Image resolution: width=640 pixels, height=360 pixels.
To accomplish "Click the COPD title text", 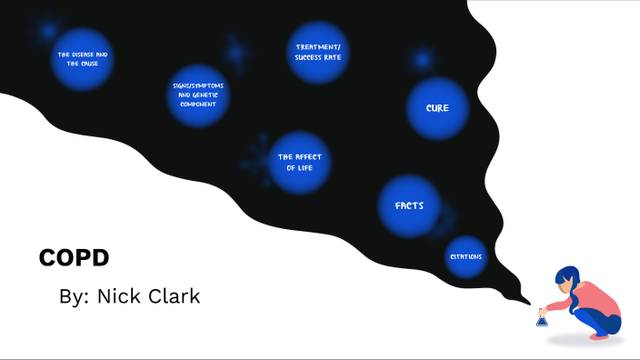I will point(74,258).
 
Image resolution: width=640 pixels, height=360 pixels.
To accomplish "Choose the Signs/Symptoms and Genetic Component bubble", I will point(197,95).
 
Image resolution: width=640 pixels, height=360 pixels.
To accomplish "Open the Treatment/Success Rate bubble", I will point(317,52).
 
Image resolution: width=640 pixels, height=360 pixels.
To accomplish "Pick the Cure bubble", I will point(437,108).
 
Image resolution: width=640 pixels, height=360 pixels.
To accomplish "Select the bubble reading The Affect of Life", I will point(299,163).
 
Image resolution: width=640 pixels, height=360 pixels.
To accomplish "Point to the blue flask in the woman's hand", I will point(542,318).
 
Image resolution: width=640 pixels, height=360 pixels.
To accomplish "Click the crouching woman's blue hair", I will point(567,278).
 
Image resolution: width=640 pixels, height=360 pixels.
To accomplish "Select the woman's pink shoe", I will point(600,335).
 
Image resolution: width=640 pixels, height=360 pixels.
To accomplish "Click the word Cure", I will point(437,108).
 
